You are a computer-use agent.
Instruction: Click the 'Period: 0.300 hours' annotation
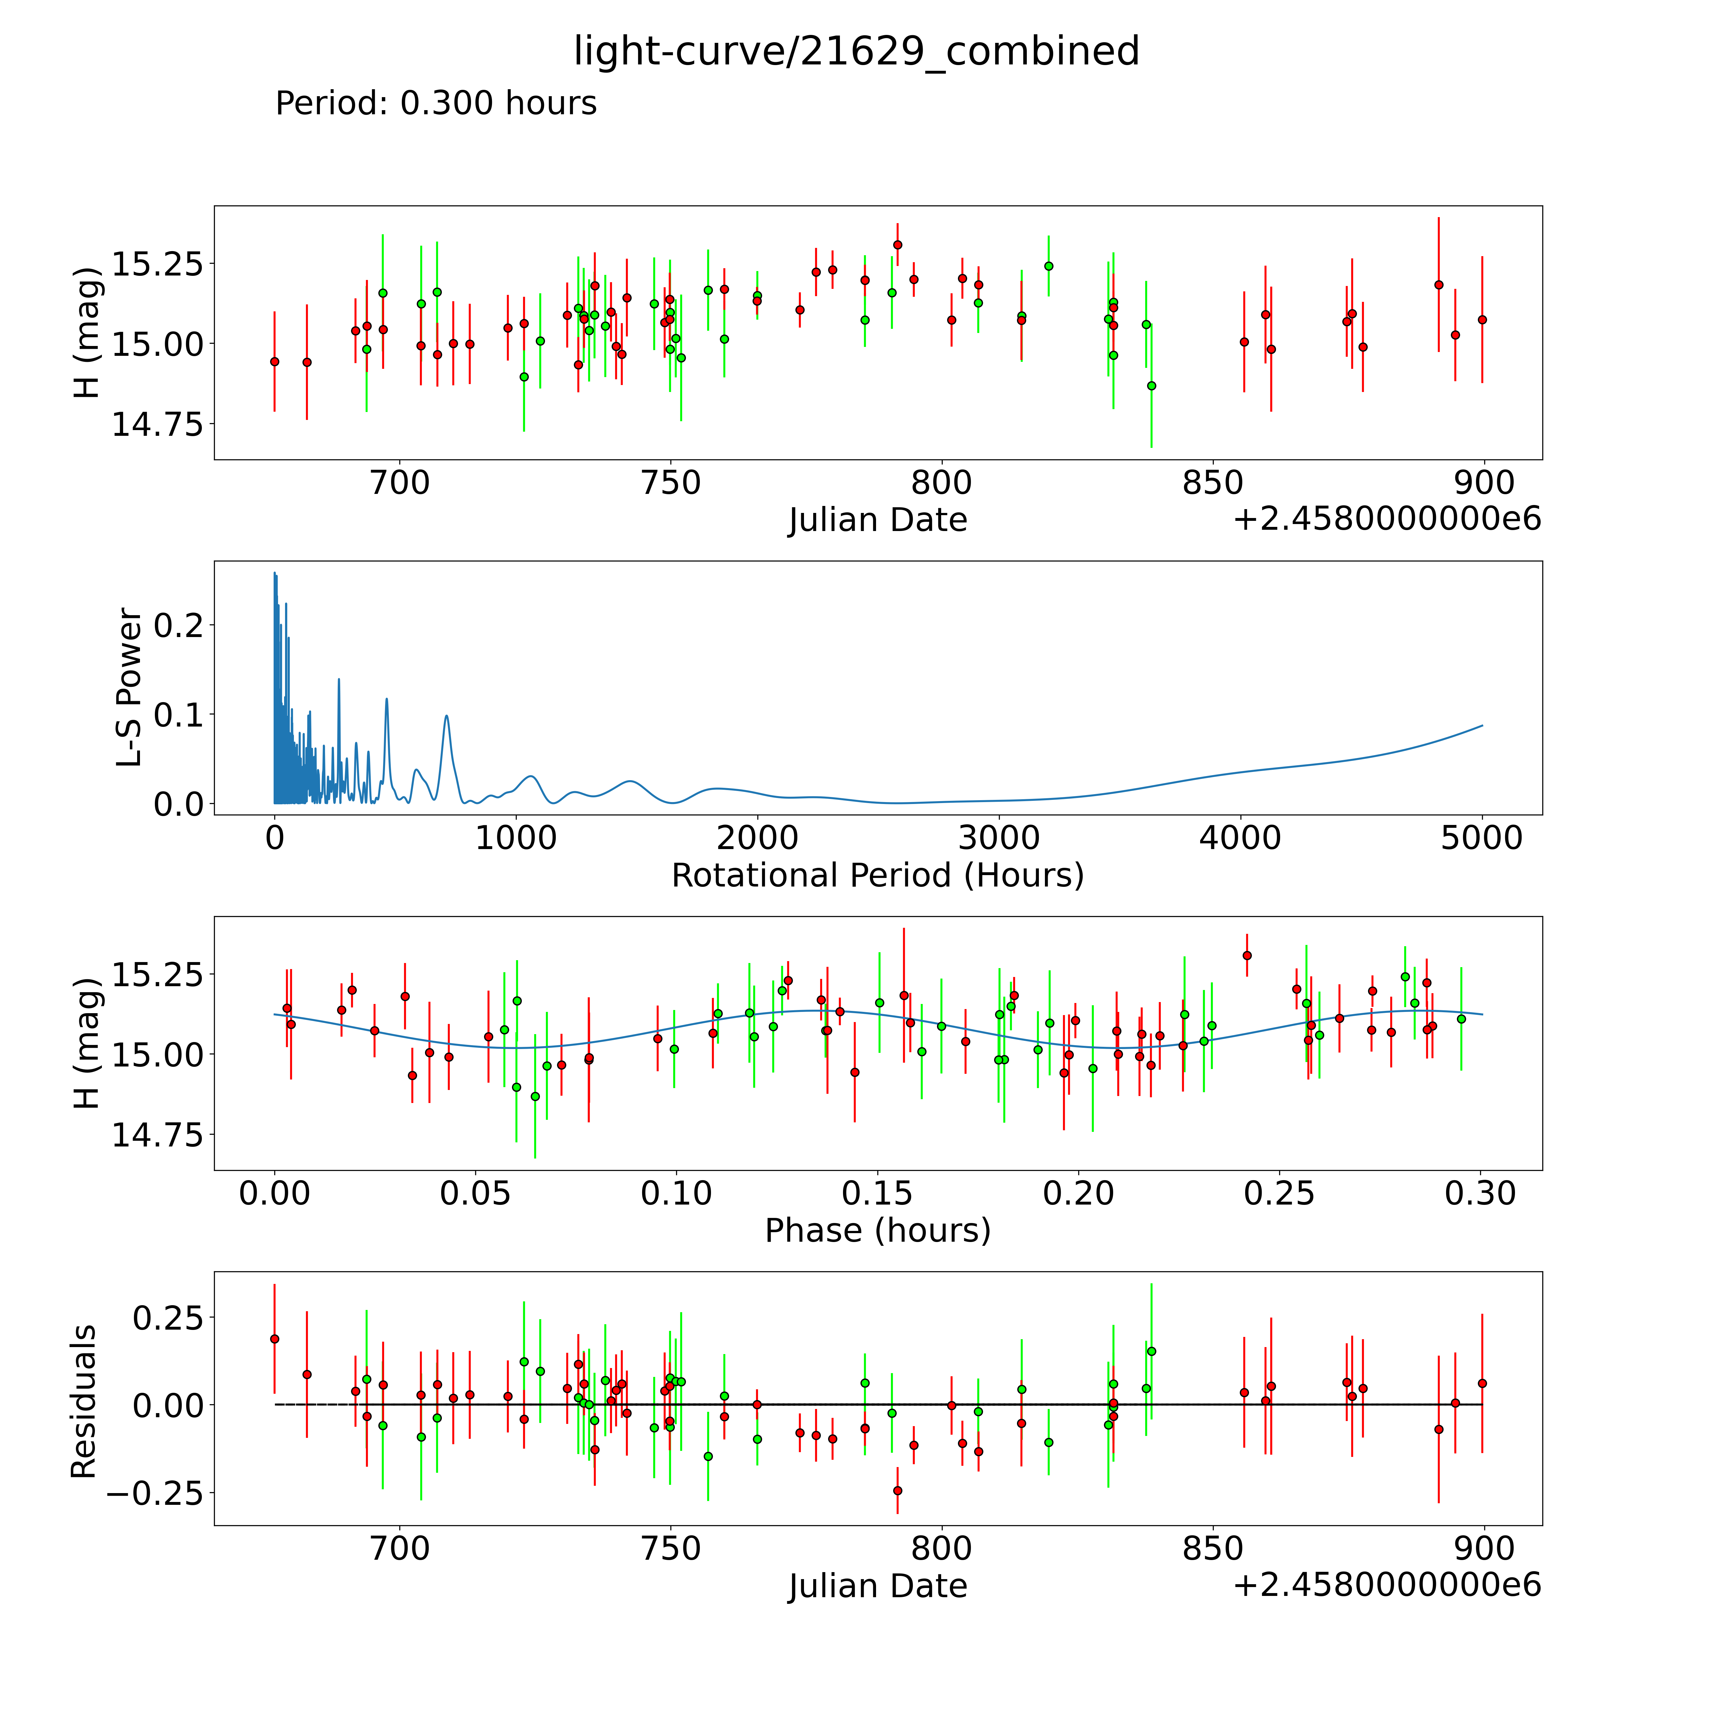[x=435, y=104]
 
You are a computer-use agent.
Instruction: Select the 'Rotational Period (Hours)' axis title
[x=877, y=876]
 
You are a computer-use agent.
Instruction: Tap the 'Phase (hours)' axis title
[x=877, y=1231]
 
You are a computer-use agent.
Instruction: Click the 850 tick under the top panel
[x=1213, y=483]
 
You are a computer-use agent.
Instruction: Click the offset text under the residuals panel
[x=1387, y=1585]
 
